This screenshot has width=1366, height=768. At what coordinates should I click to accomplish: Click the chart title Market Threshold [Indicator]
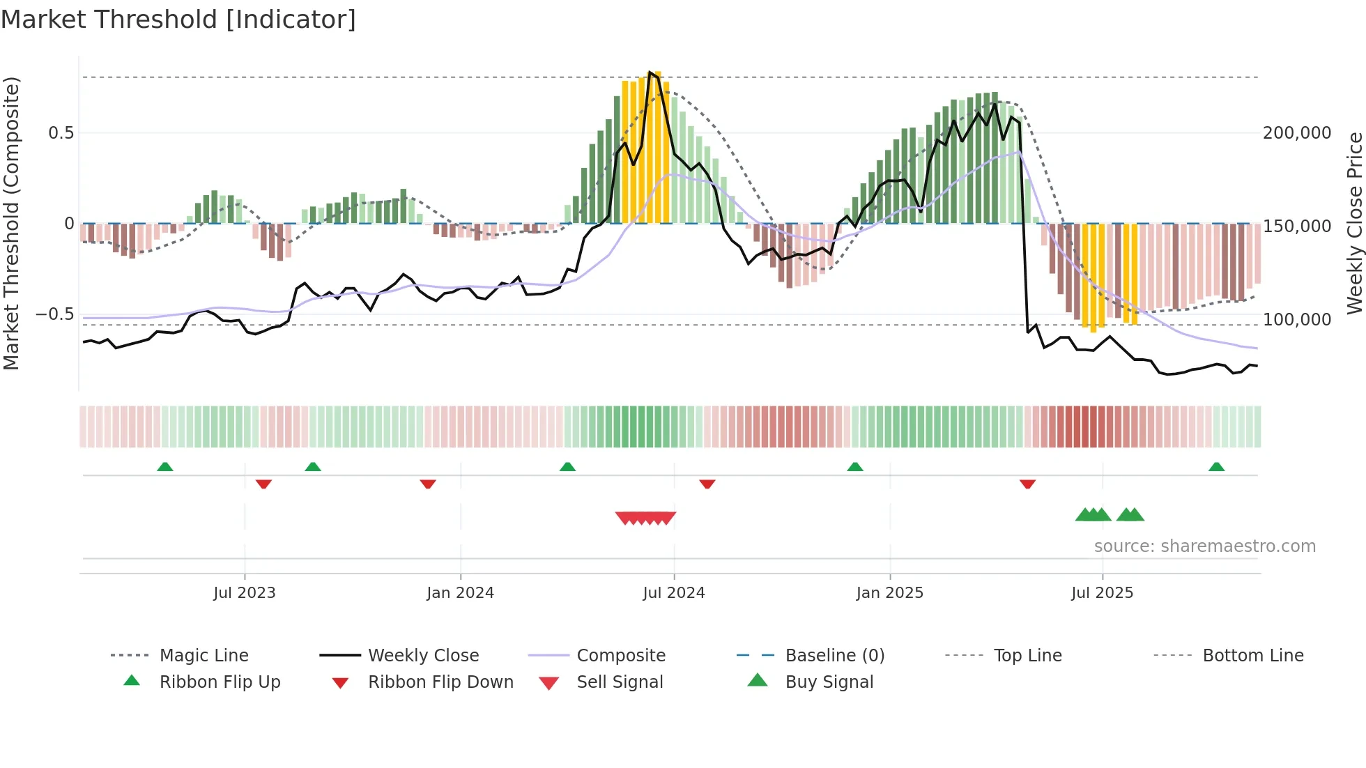point(178,20)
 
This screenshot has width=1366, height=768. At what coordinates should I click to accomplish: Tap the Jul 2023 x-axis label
point(245,593)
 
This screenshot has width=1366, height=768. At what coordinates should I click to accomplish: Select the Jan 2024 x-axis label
point(460,593)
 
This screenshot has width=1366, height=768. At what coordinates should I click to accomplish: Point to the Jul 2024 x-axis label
point(674,593)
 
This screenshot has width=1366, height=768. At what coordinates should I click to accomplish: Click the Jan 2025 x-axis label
point(889,593)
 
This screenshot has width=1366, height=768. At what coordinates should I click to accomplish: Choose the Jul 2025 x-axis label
point(1102,593)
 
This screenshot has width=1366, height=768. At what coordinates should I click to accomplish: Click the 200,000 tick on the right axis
point(1297,133)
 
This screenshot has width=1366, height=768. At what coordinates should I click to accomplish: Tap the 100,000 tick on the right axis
point(1297,320)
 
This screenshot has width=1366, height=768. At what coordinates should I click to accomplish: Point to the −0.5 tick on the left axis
point(55,314)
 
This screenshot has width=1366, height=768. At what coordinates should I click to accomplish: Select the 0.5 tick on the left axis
point(61,133)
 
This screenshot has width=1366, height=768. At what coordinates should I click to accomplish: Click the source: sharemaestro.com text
point(1204,546)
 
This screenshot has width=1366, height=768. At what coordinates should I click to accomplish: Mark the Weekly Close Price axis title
point(1354,223)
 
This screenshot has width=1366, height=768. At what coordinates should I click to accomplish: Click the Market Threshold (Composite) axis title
point(11,223)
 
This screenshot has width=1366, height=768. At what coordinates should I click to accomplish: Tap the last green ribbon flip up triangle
point(1216,467)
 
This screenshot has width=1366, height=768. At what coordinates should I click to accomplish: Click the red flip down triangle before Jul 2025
point(1027,484)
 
